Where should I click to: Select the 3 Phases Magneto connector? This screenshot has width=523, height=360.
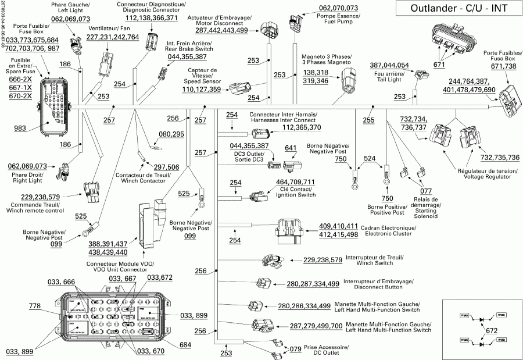(x=347, y=77)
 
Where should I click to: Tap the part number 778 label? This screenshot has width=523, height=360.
(x=35, y=305)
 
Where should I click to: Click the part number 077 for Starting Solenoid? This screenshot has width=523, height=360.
(x=426, y=190)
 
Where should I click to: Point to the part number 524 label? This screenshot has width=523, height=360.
(x=368, y=158)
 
